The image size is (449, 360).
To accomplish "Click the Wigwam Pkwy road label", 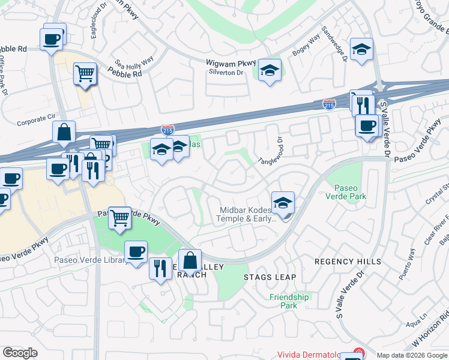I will tap(231, 62).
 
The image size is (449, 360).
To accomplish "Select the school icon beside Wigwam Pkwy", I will tap(270, 71).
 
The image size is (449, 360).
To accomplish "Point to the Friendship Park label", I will tap(289, 301).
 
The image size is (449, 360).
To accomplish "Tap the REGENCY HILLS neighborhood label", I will tap(348, 262).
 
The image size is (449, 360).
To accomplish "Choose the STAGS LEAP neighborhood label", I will tap(270, 277).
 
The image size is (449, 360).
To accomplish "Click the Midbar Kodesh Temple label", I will tap(246, 214).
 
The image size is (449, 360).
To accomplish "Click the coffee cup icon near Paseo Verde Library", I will tap(136, 251).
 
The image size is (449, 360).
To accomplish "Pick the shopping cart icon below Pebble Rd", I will tap(85, 74).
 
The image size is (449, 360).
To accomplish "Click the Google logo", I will tap(20, 353).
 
